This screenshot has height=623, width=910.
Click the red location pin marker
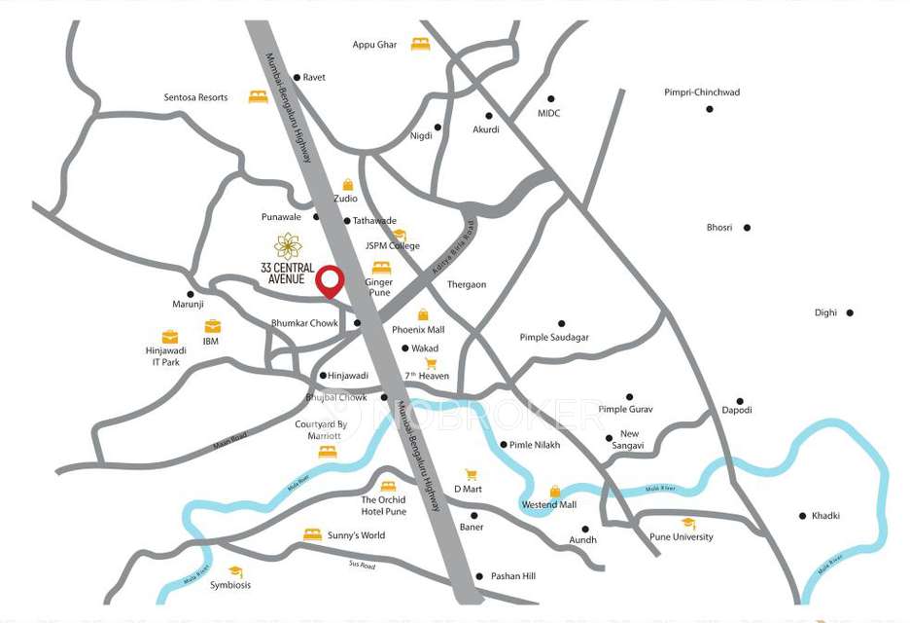(x=332, y=280)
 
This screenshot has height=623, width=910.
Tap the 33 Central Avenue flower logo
(x=288, y=246)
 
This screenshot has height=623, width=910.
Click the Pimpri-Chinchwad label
(x=702, y=92)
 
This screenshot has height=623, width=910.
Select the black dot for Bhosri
(x=747, y=228)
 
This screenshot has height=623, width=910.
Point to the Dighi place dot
(x=850, y=312)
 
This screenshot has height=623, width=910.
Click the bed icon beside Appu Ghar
(x=420, y=44)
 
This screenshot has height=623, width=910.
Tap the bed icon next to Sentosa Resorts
(x=258, y=96)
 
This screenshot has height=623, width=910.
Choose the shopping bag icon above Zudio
(x=348, y=184)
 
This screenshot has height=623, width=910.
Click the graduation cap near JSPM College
(x=400, y=235)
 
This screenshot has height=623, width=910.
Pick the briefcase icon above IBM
(x=212, y=326)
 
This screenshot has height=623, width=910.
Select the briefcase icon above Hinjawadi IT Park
(x=170, y=336)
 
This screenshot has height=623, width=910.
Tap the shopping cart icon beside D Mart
(x=472, y=474)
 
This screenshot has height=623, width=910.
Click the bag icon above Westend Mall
(x=555, y=491)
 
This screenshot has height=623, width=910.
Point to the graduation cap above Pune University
(x=688, y=524)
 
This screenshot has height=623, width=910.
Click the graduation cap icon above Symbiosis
(x=235, y=571)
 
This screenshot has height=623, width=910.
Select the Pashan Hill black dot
(x=479, y=576)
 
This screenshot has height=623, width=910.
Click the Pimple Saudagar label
(x=554, y=338)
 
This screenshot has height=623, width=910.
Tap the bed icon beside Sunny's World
(x=312, y=534)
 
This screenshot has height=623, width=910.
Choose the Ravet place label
(x=314, y=77)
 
